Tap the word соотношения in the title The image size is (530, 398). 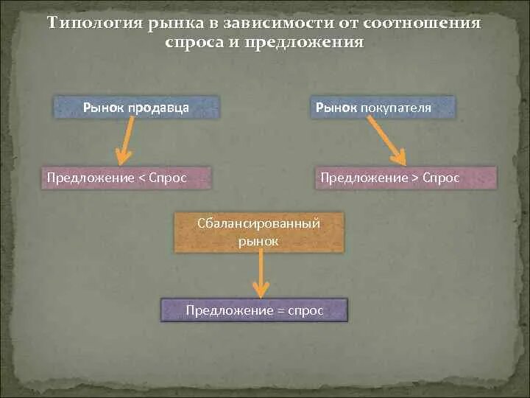pyautogui.click(x=428, y=23)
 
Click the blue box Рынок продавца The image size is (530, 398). pyautogui.click(x=136, y=108)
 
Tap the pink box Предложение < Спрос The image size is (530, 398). pyautogui.click(x=126, y=178)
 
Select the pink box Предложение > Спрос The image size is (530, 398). pyautogui.click(x=406, y=178)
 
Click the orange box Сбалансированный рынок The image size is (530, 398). pyautogui.click(x=258, y=232)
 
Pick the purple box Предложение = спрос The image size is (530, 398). pyautogui.click(x=254, y=310)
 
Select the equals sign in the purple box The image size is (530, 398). pyautogui.click(x=280, y=311)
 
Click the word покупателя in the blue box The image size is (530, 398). pyautogui.click(x=396, y=108)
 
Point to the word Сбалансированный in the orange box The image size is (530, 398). pyautogui.click(x=258, y=223)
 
